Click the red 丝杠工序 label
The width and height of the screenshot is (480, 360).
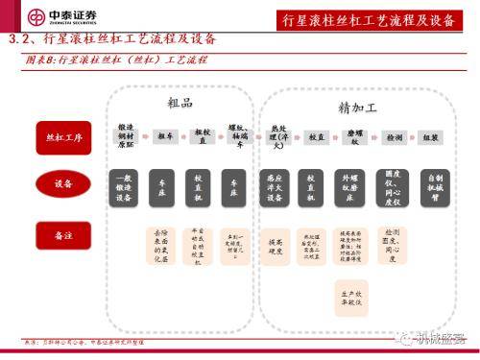58,138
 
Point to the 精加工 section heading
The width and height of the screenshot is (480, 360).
356,107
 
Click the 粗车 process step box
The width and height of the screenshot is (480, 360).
164,137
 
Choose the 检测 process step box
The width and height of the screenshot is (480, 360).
394,138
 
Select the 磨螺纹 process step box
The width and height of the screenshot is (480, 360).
353,138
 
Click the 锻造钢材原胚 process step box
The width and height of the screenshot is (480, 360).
126,137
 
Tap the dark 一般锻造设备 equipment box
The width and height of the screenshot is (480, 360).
126,186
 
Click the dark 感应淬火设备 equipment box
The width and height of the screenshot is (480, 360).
276,186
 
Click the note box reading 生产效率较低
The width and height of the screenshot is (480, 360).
352,294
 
